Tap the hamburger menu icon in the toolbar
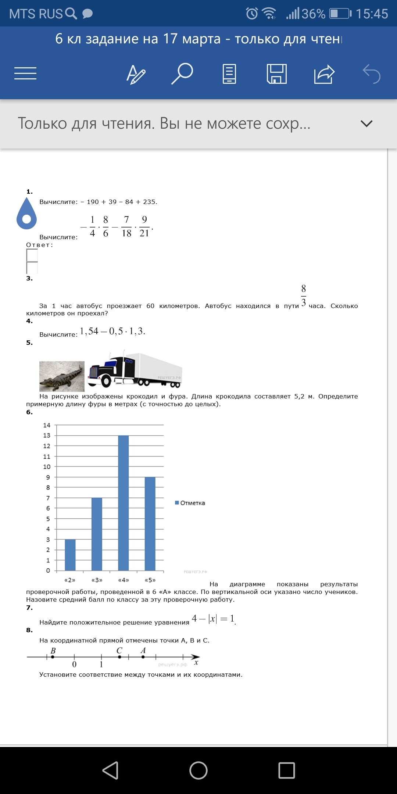pos(25,74)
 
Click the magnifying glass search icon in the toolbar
pos(182,74)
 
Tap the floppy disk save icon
pos(276,74)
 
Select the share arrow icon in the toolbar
pos(324,74)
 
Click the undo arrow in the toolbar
pos(371,74)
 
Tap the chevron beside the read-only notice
pos(366,124)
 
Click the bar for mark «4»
pos(124,503)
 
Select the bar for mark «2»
pos(70,555)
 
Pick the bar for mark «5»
pos(150,523)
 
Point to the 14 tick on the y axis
pos(47,425)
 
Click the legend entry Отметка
pos(190,503)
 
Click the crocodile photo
pos(62,376)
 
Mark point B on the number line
pos(53,657)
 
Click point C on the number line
pos(119,657)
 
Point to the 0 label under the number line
pos(74,664)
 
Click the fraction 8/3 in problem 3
pos(303,295)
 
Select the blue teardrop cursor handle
pos(26,215)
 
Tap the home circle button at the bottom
pos(198,770)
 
